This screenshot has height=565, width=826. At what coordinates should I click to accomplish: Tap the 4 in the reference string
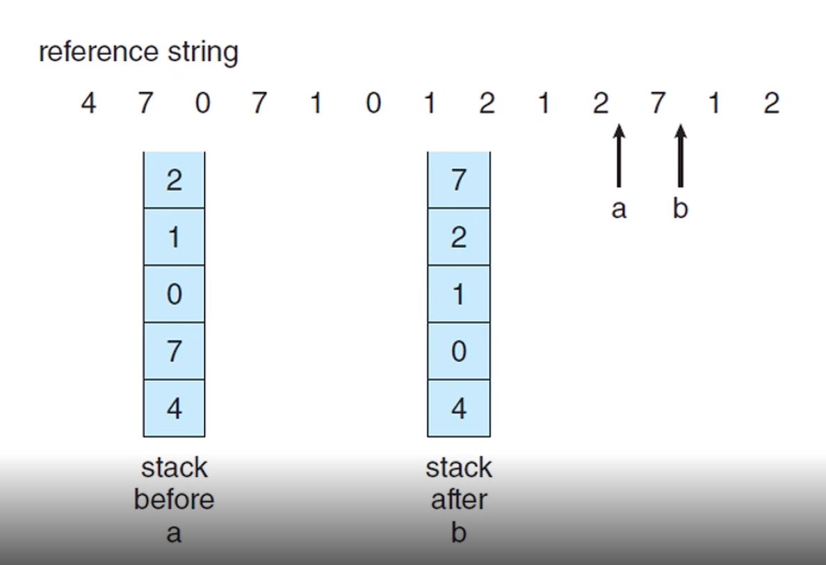coord(88,104)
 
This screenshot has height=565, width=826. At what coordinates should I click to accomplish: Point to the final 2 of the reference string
coord(771,104)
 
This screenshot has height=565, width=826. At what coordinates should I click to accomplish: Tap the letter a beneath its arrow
coord(619,208)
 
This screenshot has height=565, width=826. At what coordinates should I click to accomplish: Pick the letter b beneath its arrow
coord(681,208)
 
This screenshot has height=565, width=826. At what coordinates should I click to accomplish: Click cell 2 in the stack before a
coord(174,180)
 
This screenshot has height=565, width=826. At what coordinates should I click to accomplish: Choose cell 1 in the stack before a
coord(174,237)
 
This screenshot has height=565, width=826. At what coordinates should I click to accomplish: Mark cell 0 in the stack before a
coord(174,294)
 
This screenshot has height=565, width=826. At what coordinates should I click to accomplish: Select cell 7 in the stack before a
coord(174,351)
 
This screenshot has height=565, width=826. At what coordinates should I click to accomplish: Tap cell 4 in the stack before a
coord(174,408)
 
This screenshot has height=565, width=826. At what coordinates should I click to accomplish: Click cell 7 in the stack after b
coord(459,180)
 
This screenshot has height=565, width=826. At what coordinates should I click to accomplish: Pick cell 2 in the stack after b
coord(459,237)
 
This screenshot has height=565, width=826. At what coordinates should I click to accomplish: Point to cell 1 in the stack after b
coord(459,294)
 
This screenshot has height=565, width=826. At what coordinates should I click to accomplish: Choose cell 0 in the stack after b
coord(459,351)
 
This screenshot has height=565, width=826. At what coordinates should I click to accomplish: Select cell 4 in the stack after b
coord(459,408)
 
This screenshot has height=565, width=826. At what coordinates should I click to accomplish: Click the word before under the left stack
coord(174,500)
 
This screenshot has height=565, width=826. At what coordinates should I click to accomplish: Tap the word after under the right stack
coord(459,500)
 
